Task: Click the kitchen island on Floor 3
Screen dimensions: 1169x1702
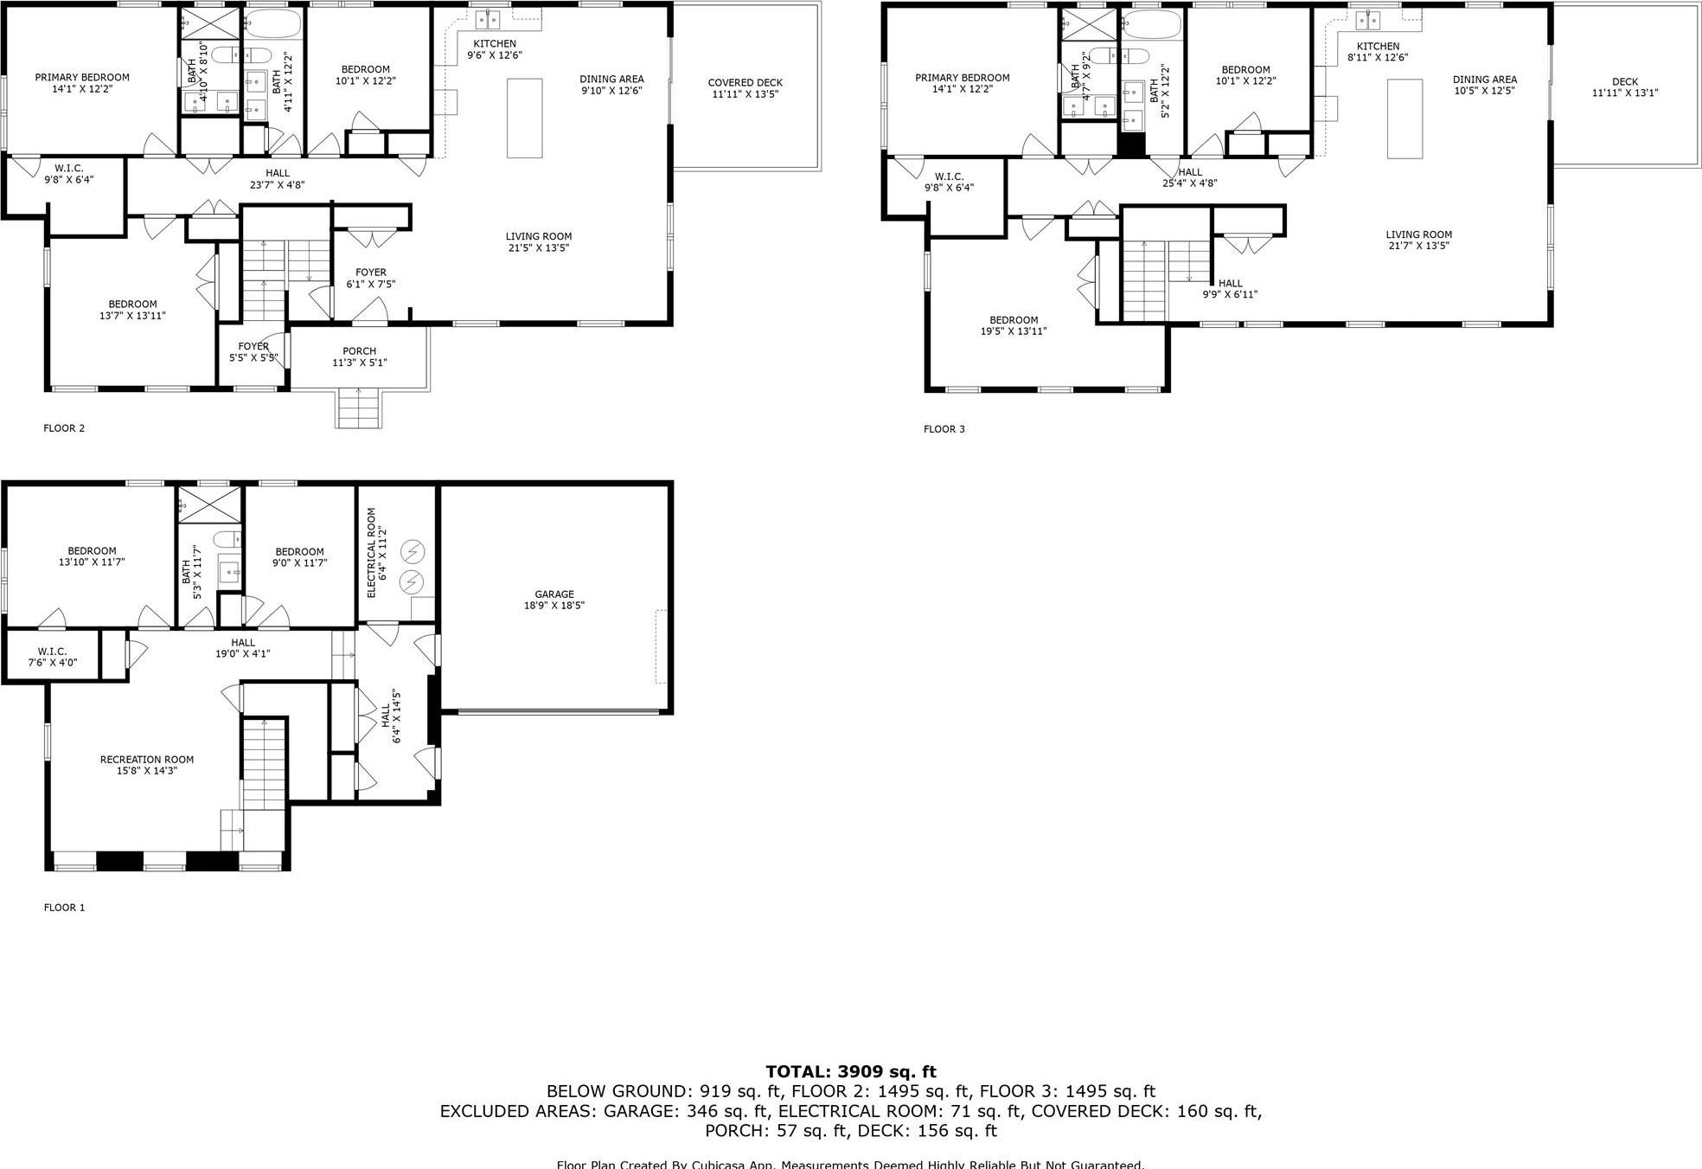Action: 1404,119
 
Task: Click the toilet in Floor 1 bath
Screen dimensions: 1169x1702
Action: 228,540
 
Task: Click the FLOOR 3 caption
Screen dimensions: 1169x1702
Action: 944,429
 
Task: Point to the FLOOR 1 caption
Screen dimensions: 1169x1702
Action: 64,908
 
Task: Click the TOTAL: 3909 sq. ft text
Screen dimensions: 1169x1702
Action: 850,1072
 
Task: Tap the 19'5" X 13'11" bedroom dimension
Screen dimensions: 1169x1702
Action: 1014,331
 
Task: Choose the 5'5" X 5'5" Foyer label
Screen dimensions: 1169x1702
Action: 253,352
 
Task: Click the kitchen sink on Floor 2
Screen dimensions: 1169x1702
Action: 487,19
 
